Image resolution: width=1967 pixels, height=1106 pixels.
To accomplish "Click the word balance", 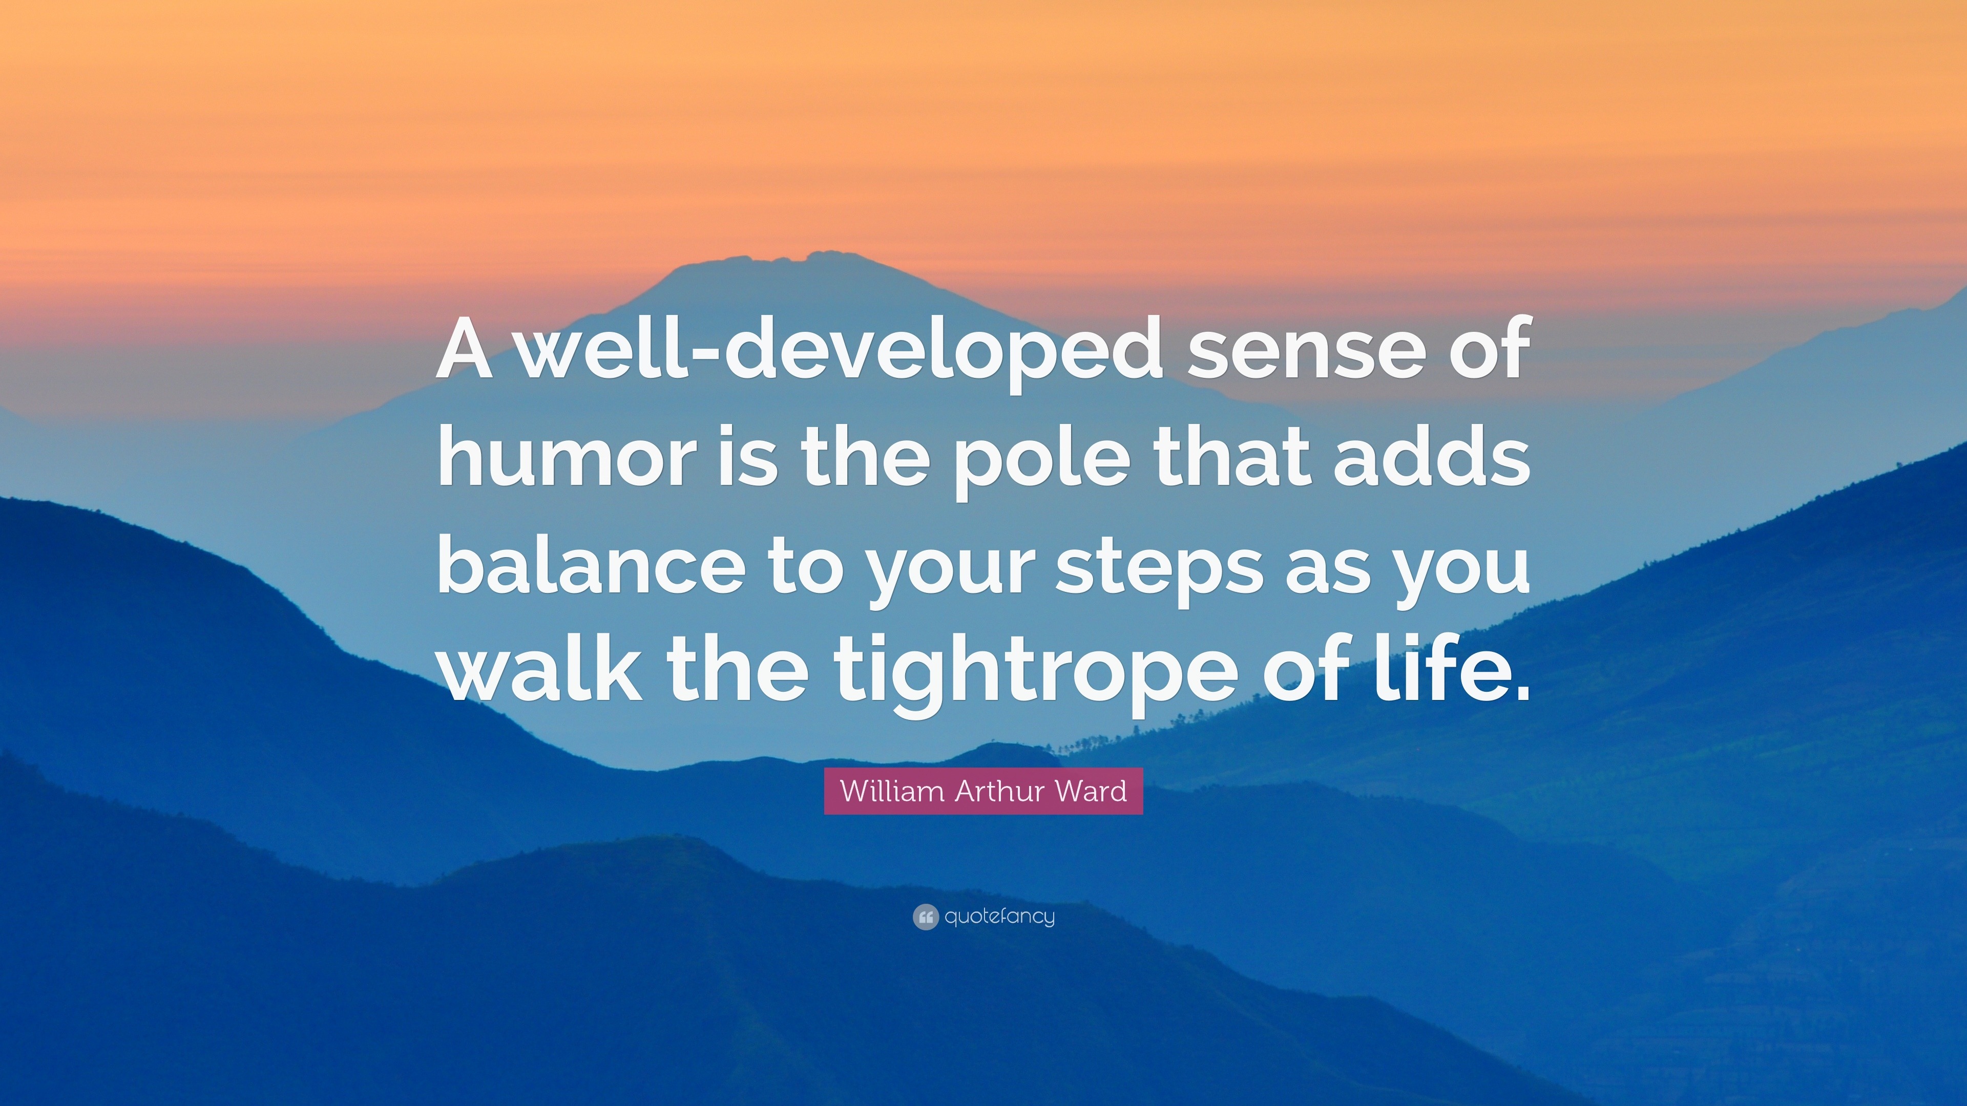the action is tap(591, 563).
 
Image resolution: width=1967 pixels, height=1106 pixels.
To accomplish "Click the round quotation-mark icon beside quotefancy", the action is tap(925, 917).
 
